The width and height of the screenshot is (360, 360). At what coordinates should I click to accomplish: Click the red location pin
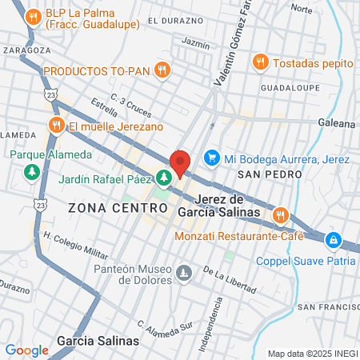click(180, 163)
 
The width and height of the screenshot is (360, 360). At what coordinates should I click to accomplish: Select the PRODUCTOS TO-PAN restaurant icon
click(162, 70)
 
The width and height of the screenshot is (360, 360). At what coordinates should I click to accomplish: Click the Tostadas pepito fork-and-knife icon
click(260, 62)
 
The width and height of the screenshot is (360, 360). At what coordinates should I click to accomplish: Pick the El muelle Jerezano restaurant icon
click(56, 126)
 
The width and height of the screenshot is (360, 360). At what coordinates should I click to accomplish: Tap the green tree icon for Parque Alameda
click(31, 171)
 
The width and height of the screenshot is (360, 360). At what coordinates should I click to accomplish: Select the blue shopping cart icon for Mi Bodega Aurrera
click(212, 158)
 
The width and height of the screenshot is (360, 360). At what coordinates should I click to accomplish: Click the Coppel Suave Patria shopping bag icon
click(333, 238)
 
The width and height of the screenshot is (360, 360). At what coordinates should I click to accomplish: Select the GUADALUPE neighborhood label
click(290, 87)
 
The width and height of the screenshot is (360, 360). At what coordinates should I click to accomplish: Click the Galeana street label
click(339, 123)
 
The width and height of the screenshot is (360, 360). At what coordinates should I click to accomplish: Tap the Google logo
click(27, 350)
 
